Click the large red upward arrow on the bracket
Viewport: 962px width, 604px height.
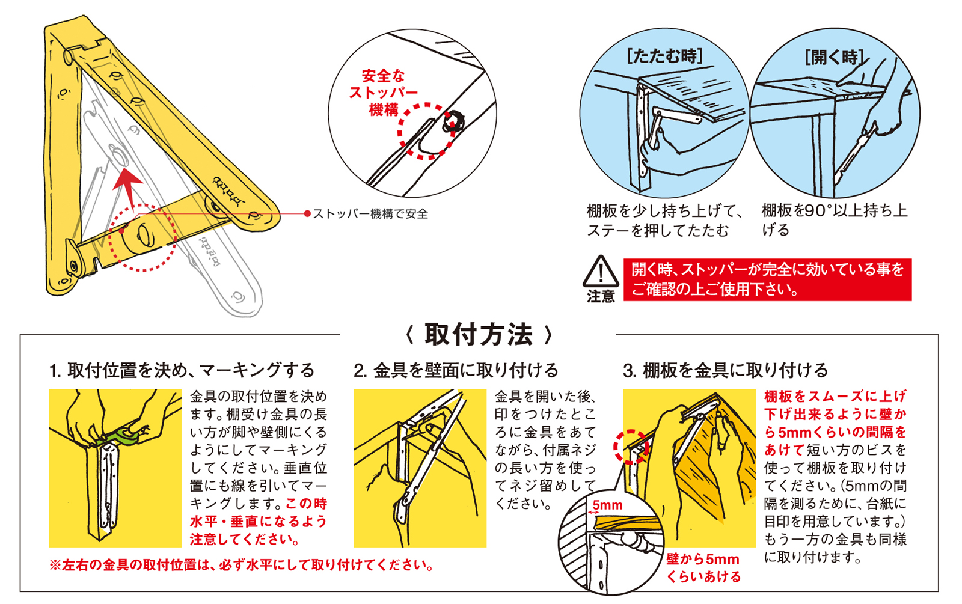click(128, 189)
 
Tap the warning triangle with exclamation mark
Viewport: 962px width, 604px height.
click(601, 271)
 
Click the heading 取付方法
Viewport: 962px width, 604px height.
click(479, 335)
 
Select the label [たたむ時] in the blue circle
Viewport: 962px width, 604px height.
click(665, 56)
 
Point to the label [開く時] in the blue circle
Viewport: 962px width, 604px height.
click(834, 57)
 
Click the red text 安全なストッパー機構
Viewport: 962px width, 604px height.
click(383, 93)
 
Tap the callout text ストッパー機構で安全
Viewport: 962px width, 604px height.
click(370, 214)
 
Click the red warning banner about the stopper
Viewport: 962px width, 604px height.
click(767, 279)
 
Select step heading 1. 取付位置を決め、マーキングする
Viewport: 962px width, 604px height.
click(182, 370)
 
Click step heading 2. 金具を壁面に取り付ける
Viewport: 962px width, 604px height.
click(456, 370)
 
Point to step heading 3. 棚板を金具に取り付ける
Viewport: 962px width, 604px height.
click(725, 370)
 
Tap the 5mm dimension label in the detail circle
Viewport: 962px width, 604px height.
click(607, 505)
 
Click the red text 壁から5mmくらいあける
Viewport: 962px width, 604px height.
click(703, 567)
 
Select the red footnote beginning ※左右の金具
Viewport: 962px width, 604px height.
click(241, 565)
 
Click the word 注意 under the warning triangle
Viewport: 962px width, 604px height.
click(601, 296)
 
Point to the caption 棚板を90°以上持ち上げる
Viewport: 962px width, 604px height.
click(835, 220)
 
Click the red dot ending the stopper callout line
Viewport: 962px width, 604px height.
click(307, 214)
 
